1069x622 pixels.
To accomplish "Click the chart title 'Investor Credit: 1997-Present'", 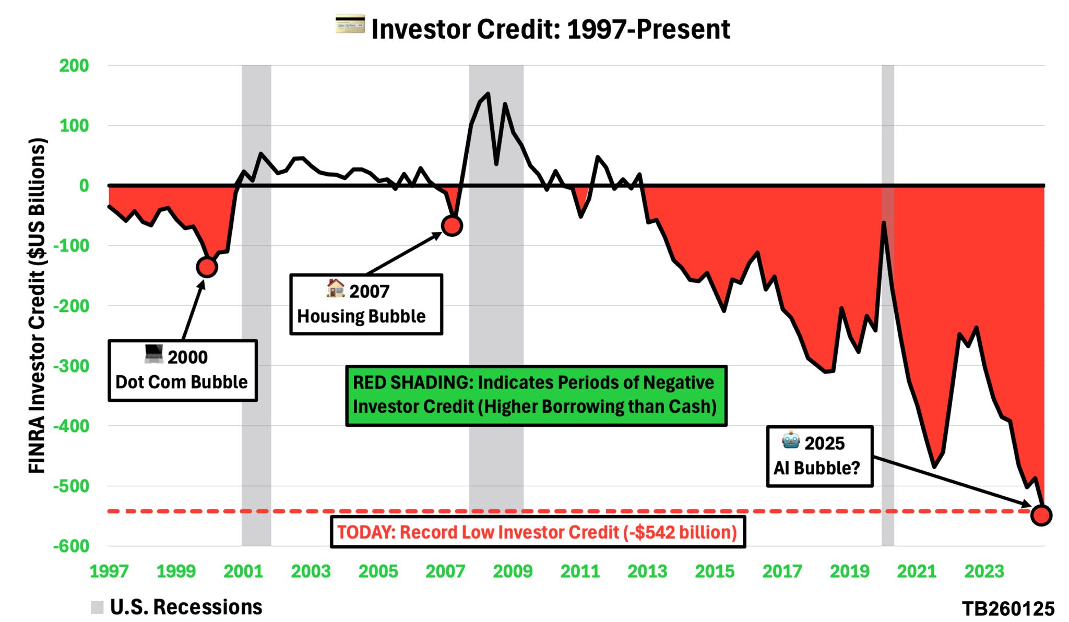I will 550,29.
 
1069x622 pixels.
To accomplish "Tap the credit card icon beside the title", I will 350,25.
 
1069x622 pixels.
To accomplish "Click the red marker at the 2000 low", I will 207,267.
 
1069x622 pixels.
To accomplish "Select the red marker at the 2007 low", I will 452,225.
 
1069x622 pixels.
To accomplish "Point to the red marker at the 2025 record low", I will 1041,516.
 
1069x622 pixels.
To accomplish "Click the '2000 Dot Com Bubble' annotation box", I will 182,370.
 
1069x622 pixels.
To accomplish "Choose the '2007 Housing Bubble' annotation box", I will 366,304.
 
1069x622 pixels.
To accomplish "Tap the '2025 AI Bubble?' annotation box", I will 819,457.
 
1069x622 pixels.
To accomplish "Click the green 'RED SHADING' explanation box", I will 536,396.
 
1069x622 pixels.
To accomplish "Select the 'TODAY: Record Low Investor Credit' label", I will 538,532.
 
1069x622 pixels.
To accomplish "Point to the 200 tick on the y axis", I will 74,66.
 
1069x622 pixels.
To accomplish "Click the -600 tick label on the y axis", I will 72,546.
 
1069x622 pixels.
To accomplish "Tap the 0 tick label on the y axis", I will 84,186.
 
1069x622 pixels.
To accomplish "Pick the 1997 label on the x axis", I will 109,571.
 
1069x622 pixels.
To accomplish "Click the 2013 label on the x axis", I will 647,571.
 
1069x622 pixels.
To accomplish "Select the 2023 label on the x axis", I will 984,571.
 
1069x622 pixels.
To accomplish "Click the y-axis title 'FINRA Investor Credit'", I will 37,305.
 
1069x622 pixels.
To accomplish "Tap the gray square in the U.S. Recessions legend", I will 97,607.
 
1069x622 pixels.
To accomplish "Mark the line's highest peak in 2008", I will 488,94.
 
